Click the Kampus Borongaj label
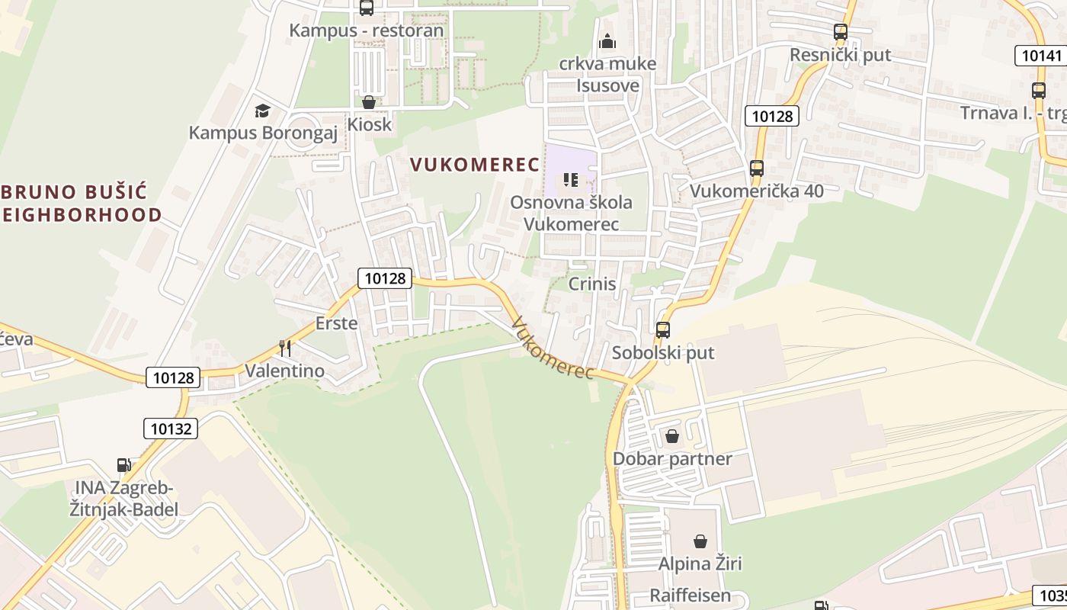coord(263,133)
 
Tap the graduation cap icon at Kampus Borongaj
coord(263,111)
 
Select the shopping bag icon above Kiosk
coord(369,102)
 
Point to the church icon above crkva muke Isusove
coord(607,40)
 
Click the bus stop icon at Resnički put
coord(841,32)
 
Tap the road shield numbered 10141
coord(1040,55)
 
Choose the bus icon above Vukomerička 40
coord(756,169)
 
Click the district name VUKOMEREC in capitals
coord(474,164)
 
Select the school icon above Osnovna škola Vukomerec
coord(571,180)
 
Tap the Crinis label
coord(592,284)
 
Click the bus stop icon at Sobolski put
coord(663,330)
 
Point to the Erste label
coord(336,323)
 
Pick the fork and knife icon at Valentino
coord(285,348)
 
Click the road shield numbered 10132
coord(171,429)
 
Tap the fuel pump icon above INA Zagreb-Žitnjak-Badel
coord(123,465)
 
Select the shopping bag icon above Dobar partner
coord(672,436)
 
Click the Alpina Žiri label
coord(700,564)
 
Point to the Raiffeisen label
coord(691,596)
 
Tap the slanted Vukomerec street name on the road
coord(553,348)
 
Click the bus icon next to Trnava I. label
coord(1038,90)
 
